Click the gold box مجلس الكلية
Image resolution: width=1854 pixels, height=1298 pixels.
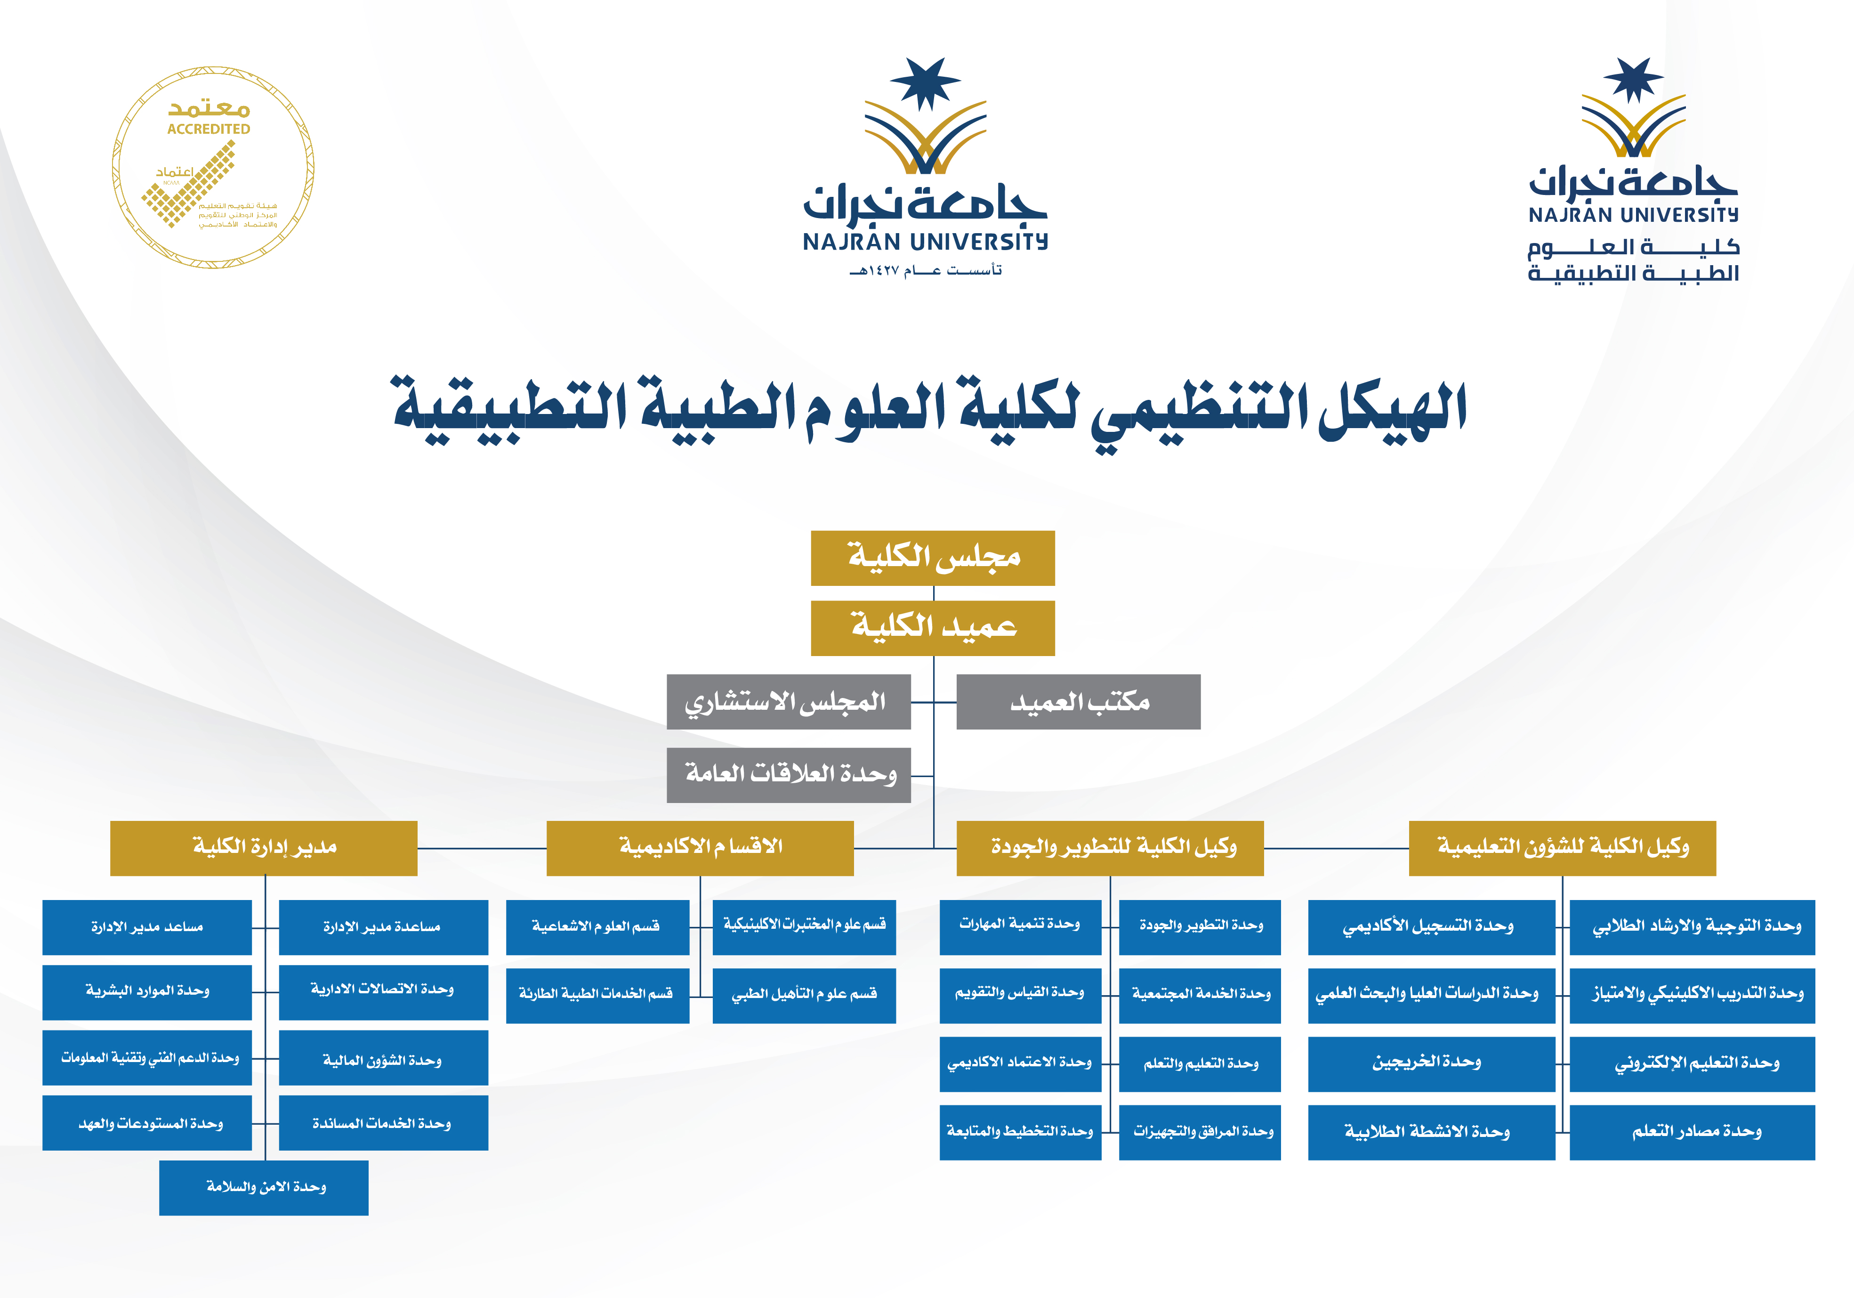[933, 557]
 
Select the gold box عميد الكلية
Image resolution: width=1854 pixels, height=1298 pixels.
[933, 628]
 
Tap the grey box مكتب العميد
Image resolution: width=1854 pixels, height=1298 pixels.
[1078, 702]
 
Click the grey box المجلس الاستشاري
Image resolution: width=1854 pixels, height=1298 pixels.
[788, 702]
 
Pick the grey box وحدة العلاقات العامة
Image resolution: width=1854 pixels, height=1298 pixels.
[788, 775]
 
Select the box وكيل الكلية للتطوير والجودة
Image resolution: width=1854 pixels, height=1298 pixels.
[1110, 848]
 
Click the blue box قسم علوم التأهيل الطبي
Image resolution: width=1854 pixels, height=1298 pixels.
[804, 995]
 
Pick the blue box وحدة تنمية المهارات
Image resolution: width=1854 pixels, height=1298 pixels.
[1020, 926]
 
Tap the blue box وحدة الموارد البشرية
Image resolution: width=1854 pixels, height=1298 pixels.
[147, 992]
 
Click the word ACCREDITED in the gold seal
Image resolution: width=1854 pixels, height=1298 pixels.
[209, 129]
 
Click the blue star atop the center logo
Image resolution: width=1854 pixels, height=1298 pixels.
[926, 82]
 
